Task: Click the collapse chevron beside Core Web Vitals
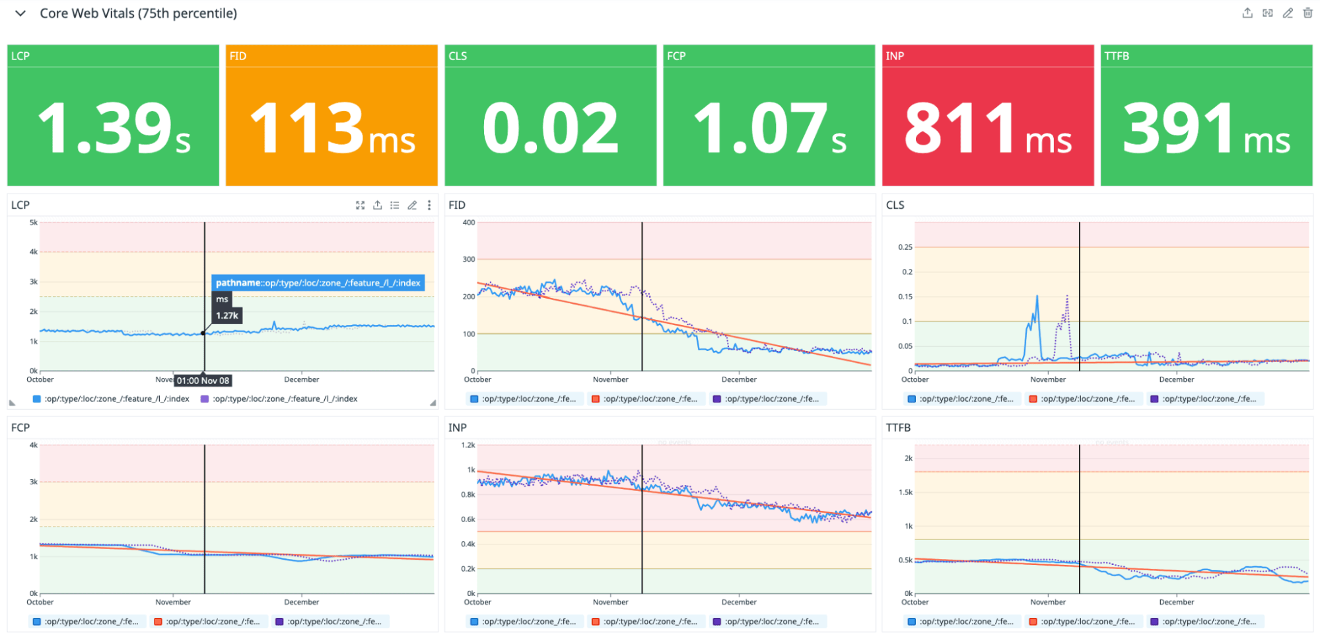coord(20,13)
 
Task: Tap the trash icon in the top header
coord(1307,13)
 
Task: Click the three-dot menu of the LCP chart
coord(429,205)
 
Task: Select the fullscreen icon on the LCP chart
coord(360,205)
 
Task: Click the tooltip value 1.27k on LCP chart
coord(227,316)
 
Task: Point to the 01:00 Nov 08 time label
coord(203,381)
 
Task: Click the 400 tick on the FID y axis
coord(468,223)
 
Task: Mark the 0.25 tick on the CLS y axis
coord(905,247)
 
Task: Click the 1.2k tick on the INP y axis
coord(468,445)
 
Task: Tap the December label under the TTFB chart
coord(1176,602)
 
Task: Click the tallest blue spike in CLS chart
coord(1037,297)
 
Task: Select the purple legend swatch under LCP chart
coord(205,399)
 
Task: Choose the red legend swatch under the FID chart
coord(596,399)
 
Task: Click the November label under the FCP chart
coord(173,602)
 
